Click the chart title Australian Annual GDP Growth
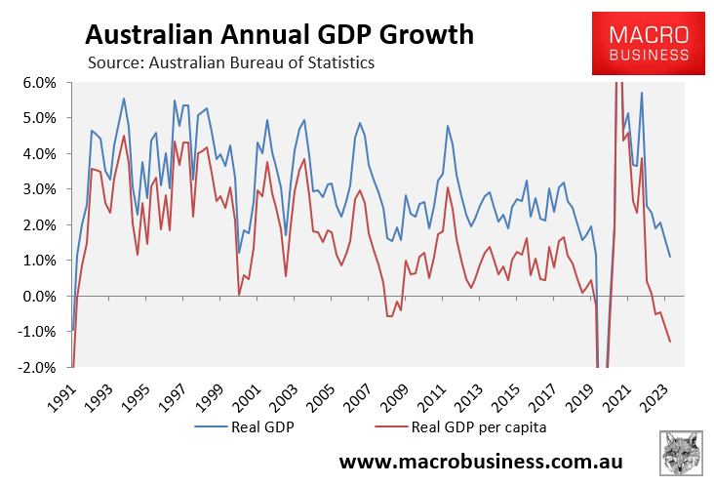tap(280, 35)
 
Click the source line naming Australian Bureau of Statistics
tap(231, 63)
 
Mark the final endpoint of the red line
tap(670, 342)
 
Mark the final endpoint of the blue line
tap(670, 257)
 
